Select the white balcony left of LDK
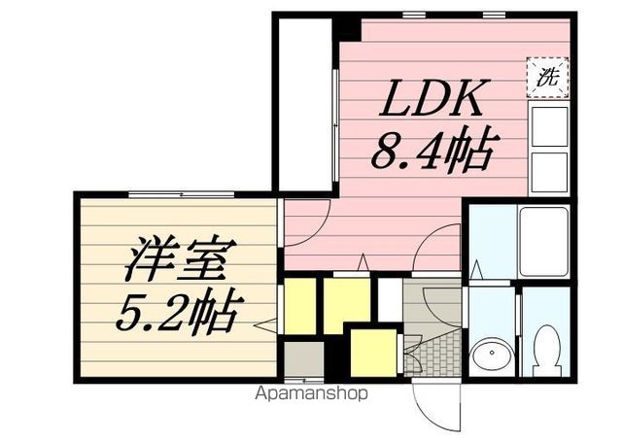(x=304, y=102)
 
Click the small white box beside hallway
(x=389, y=302)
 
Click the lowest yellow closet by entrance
(x=371, y=350)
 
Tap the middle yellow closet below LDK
(x=346, y=302)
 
